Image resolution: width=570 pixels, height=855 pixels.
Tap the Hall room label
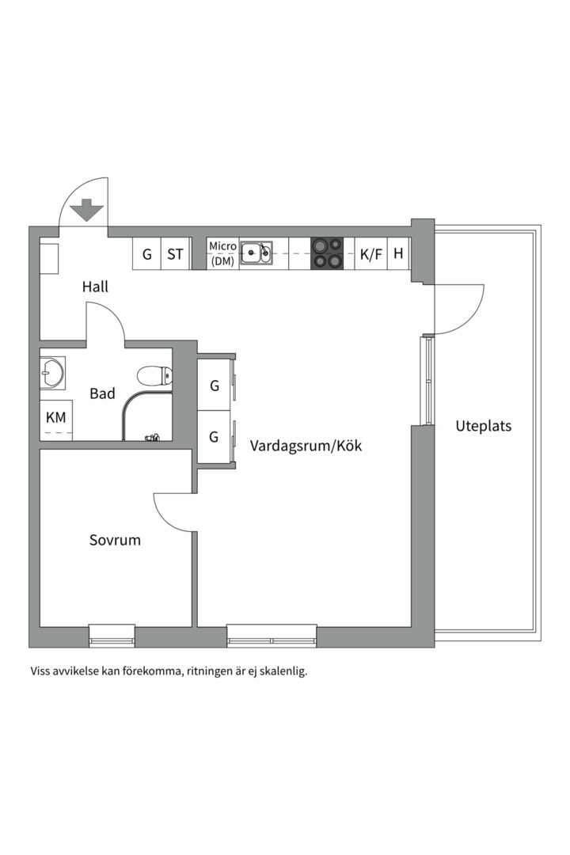point(95,287)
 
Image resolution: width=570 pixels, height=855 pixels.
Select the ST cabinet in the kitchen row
point(175,254)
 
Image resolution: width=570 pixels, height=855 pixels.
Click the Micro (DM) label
point(222,253)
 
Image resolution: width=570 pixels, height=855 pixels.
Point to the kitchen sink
point(256,253)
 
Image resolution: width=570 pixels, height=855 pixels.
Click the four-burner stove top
point(327,253)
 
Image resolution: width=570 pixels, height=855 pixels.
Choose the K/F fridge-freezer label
point(370,254)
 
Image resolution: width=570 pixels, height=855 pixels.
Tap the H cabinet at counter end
point(398,254)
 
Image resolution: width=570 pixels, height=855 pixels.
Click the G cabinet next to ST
point(146,254)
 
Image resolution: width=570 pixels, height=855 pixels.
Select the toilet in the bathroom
point(154,375)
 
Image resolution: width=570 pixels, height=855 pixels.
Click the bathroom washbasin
point(53,372)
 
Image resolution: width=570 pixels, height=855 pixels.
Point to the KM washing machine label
point(55,417)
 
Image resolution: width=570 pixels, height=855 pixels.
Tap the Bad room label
point(102,393)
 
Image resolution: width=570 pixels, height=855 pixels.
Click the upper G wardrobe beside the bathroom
point(215,386)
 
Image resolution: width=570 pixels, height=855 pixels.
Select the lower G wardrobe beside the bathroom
point(215,436)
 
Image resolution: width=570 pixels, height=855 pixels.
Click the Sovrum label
point(115,541)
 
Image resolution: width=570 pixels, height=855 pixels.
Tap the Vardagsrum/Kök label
point(306,446)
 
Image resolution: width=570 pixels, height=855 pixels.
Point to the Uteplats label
point(483,426)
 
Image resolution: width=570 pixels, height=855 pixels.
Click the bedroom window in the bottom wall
point(112,634)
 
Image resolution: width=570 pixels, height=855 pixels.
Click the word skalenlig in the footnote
point(282,671)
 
